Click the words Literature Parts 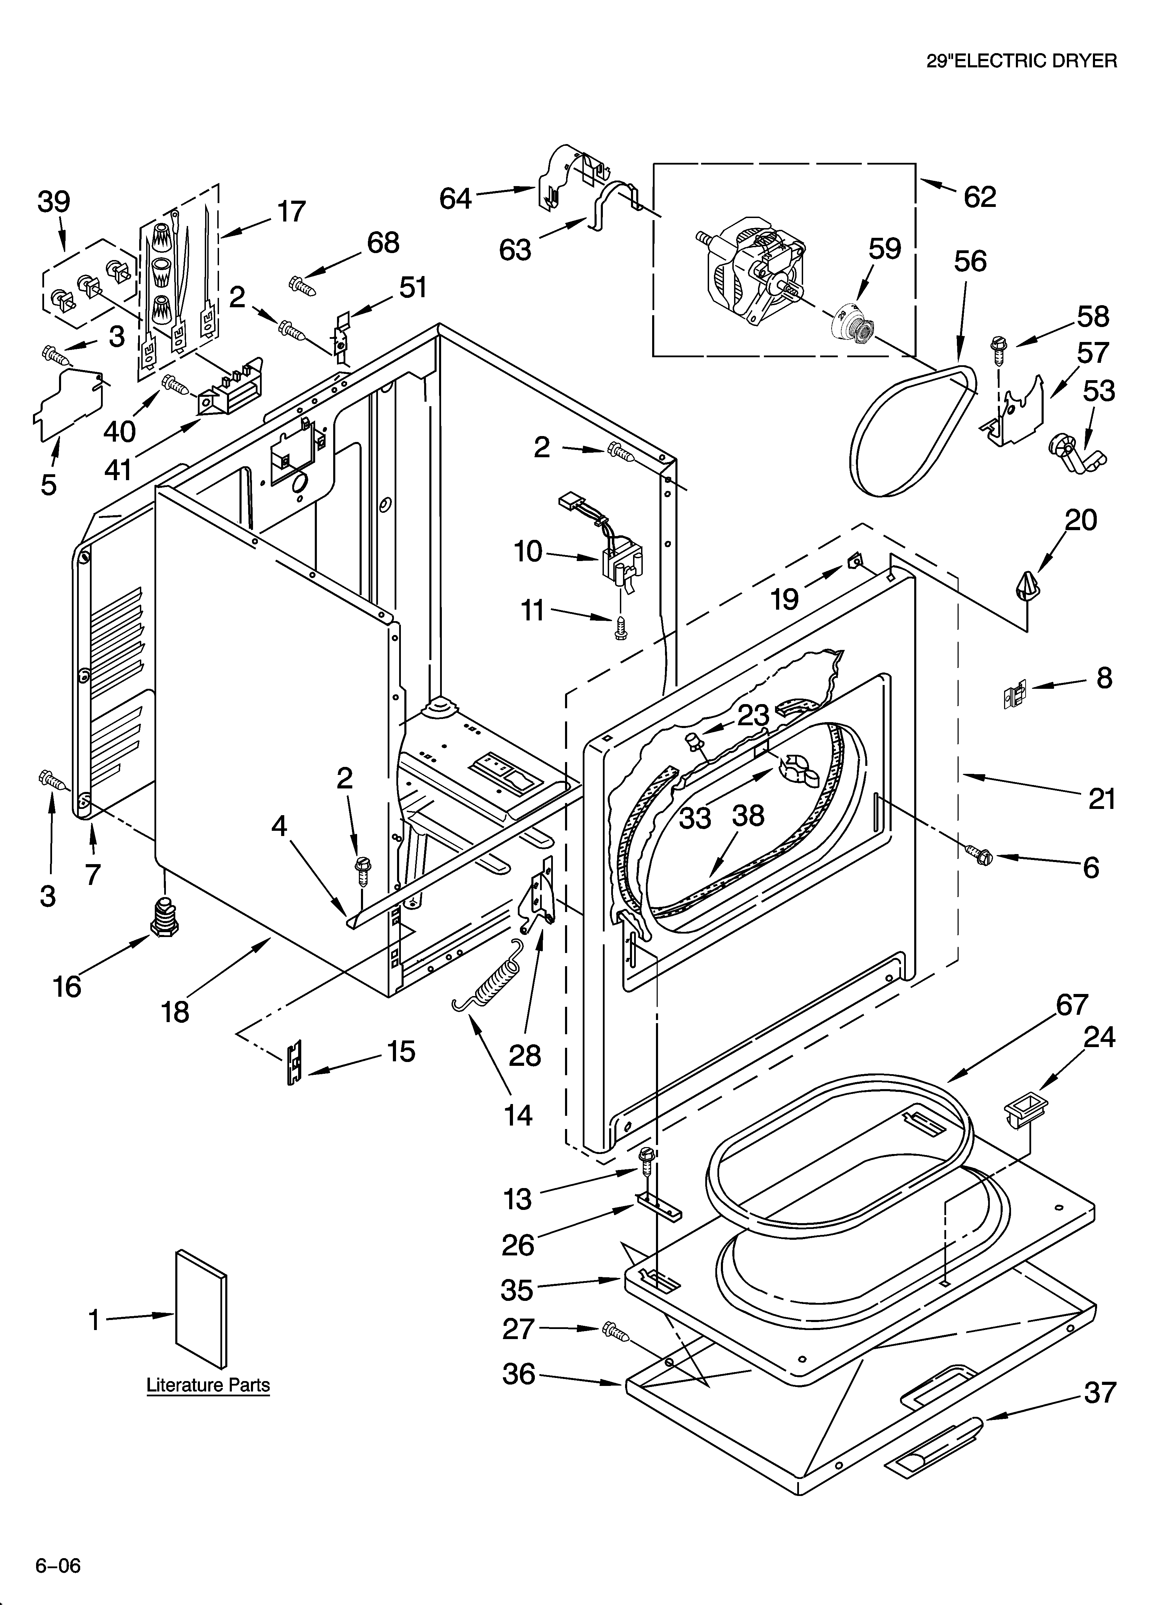coord(208,1385)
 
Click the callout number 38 coord(748,815)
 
